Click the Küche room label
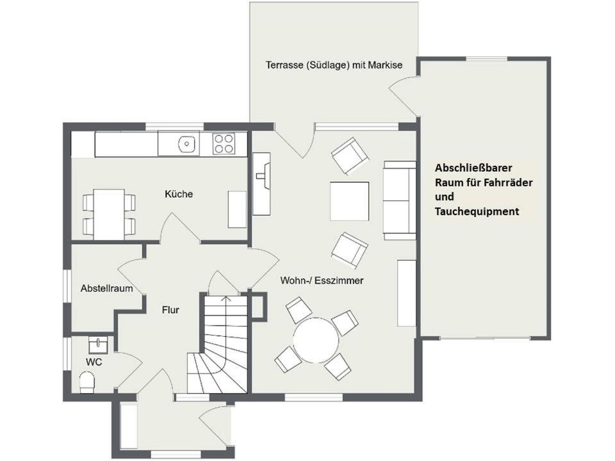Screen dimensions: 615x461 [179, 193]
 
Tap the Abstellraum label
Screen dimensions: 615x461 [107, 289]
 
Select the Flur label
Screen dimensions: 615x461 [170, 310]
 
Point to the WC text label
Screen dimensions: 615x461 [94, 362]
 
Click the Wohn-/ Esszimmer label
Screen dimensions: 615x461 [322, 280]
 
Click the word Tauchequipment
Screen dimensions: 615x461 [477, 212]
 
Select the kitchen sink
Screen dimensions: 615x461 [186, 144]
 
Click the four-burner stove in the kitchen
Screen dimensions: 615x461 [224, 143]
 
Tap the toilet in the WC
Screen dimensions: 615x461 [87, 382]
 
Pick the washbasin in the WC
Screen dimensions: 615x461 [97, 345]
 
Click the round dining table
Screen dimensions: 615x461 [316, 340]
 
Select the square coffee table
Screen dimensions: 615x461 [350, 201]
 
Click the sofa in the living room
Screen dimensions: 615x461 [400, 200]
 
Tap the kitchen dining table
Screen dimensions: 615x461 [109, 214]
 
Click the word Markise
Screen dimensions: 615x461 [385, 65]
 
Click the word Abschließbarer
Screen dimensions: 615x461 [473, 168]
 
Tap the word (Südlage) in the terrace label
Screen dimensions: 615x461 [327, 65]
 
